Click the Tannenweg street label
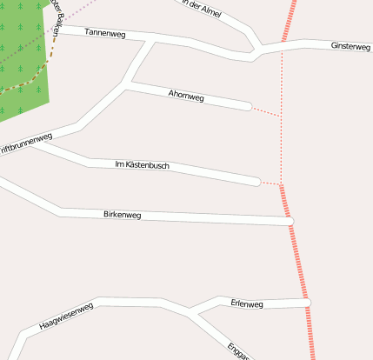pyautogui.click(x=105, y=33)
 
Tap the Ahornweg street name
pyautogui.click(x=186, y=97)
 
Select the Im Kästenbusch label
pyautogui.click(x=142, y=164)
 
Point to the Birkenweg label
pyautogui.click(x=122, y=214)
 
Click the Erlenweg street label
pyautogui.click(x=247, y=303)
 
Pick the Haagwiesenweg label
pyautogui.click(x=66, y=317)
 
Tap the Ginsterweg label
pyautogui.click(x=350, y=46)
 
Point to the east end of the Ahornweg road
pyautogui.click(x=248, y=106)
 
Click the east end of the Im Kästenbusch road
pyautogui.click(x=256, y=181)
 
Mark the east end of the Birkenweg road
pyautogui.click(x=291, y=221)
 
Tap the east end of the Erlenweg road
pyautogui.click(x=306, y=302)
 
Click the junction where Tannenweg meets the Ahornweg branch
pyautogui.click(x=155, y=40)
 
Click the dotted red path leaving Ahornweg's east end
pyautogui.click(x=266, y=111)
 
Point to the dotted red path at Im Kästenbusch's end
pyautogui.click(x=270, y=183)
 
